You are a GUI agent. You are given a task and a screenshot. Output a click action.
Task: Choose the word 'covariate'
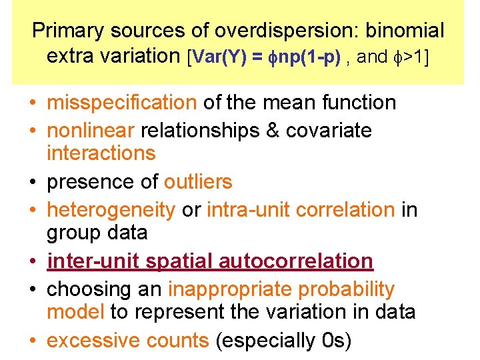[x=329, y=130]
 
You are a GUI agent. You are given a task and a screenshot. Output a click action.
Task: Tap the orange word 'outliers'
[x=198, y=181]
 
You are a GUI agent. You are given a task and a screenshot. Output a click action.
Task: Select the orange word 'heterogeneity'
[x=111, y=210]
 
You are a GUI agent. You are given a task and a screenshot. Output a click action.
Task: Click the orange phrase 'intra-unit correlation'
[x=301, y=210]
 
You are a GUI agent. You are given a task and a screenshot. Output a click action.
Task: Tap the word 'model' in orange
[x=75, y=311]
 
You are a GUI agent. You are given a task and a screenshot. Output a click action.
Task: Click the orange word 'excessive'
[x=91, y=340]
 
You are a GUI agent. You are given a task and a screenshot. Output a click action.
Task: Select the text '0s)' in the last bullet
[x=337, y=340]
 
